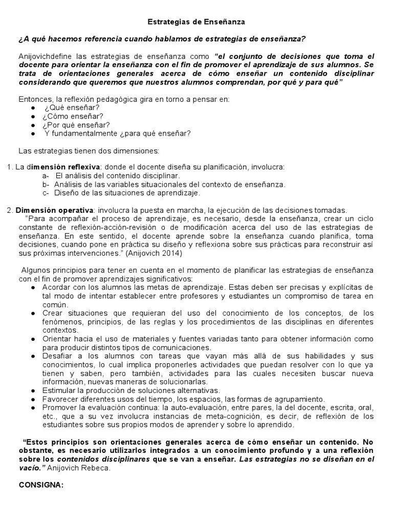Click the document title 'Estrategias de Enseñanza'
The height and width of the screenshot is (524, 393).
point(196,22)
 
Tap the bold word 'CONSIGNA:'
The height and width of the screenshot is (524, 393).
point(41,485)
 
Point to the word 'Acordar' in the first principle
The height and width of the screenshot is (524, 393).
point(57,287)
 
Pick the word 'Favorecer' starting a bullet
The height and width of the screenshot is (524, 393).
point(60,399)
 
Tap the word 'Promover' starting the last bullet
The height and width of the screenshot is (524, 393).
point(59,407)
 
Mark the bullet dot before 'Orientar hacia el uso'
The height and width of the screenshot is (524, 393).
point(33,339)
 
